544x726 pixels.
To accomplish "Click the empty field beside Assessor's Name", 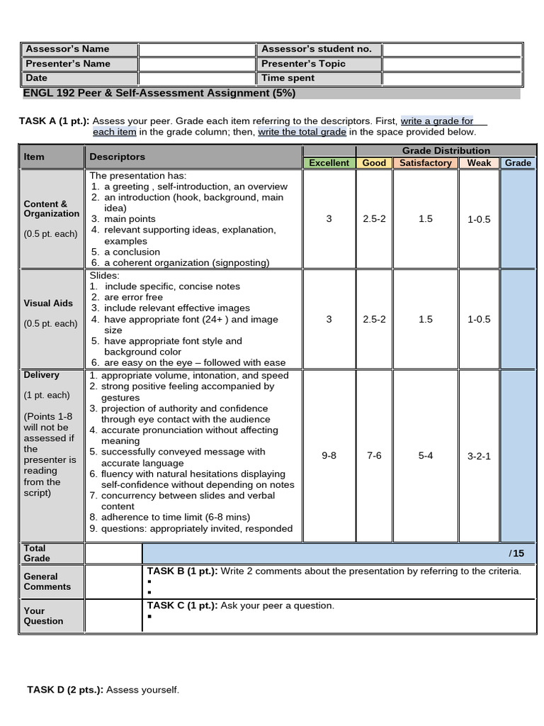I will tap(196, 50).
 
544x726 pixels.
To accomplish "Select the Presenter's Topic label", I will tap(303, 64).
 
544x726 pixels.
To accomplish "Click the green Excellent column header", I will tap(329, 163).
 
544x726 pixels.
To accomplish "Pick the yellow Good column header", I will tap(374, 163).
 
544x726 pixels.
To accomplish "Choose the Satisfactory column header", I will tap(425, 163).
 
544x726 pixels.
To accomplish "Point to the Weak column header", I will tap(479, 163).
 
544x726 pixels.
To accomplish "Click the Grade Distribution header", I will tap(446, 150).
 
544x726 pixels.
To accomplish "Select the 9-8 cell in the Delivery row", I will tap(329, 456).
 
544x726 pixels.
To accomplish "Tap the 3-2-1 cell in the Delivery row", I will tap(479, 456).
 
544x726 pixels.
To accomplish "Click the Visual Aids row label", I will tap(48, 303).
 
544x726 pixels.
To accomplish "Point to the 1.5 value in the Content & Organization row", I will tap(425, 219).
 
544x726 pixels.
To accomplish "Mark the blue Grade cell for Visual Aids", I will tap(518, 319).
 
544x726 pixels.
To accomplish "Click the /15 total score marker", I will tap(516, 554).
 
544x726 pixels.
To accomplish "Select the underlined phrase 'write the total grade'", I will tap(302, 133).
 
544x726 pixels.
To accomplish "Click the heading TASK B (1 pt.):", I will tap(182, 571).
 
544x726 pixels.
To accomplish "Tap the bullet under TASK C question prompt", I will tap(150, 617).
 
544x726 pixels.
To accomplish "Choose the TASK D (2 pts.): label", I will tap(65, 690).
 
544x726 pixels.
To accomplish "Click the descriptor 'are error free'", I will tap(133, 298).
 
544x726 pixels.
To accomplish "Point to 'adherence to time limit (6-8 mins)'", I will tap(176, 518).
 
